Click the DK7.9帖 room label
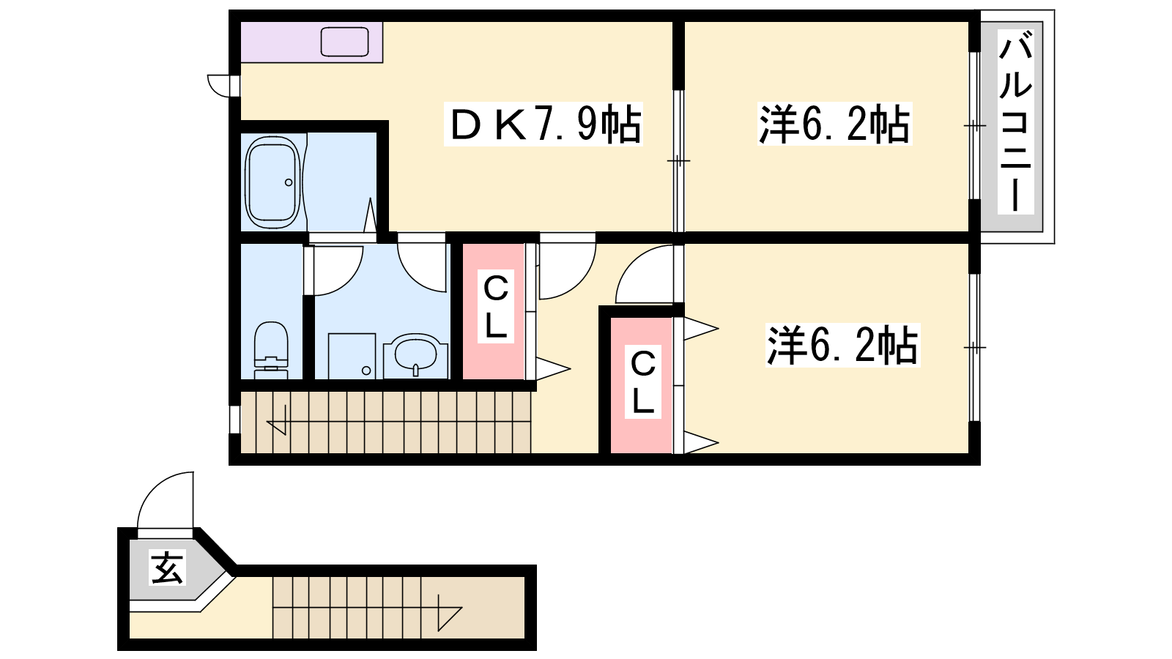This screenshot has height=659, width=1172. (x=544, y=124)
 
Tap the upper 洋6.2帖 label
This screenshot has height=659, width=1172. (x=834, y=124)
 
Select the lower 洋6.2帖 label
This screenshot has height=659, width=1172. (x=842, y=345)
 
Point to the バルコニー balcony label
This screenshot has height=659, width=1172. (x=1015, y=122)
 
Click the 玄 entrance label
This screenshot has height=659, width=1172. (x=167, y=567)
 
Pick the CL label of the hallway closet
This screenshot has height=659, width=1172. (x=495, y=307)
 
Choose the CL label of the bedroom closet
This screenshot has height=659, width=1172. (x=643, y=381)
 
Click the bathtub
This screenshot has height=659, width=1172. (x=272, y=182)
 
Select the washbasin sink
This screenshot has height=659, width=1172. (x=415, y=357)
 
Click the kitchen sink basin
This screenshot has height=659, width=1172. (x=344, y=42)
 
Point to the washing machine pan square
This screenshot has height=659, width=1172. (x=352, y=356)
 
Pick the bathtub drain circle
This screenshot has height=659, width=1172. (x=289, y=182)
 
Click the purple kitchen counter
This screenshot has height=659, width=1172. (x=312, y=42)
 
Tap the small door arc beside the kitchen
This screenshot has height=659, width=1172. (x=214, y=91)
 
